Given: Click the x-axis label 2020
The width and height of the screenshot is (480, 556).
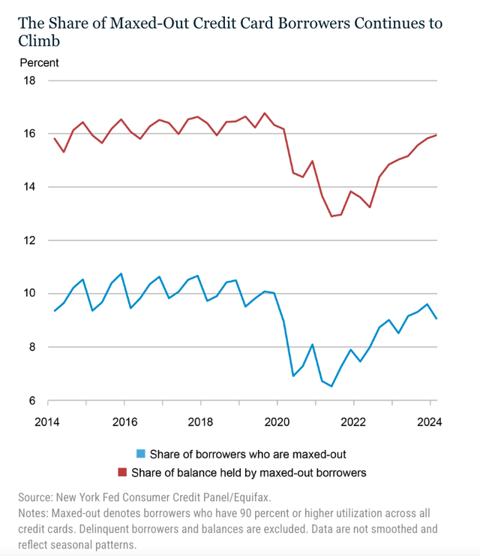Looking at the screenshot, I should coord(277,421).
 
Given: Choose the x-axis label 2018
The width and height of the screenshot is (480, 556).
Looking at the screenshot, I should coord(200,421).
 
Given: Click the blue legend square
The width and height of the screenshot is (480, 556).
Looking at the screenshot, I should coord(139,454).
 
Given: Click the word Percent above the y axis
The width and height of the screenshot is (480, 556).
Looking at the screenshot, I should coord(39,63).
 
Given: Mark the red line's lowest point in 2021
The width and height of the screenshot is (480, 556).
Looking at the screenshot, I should coord(331,216).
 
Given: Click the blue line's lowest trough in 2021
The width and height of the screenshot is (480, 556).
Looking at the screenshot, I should coord(331,386).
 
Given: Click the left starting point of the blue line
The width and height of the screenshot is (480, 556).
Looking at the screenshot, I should coord(54,311).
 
